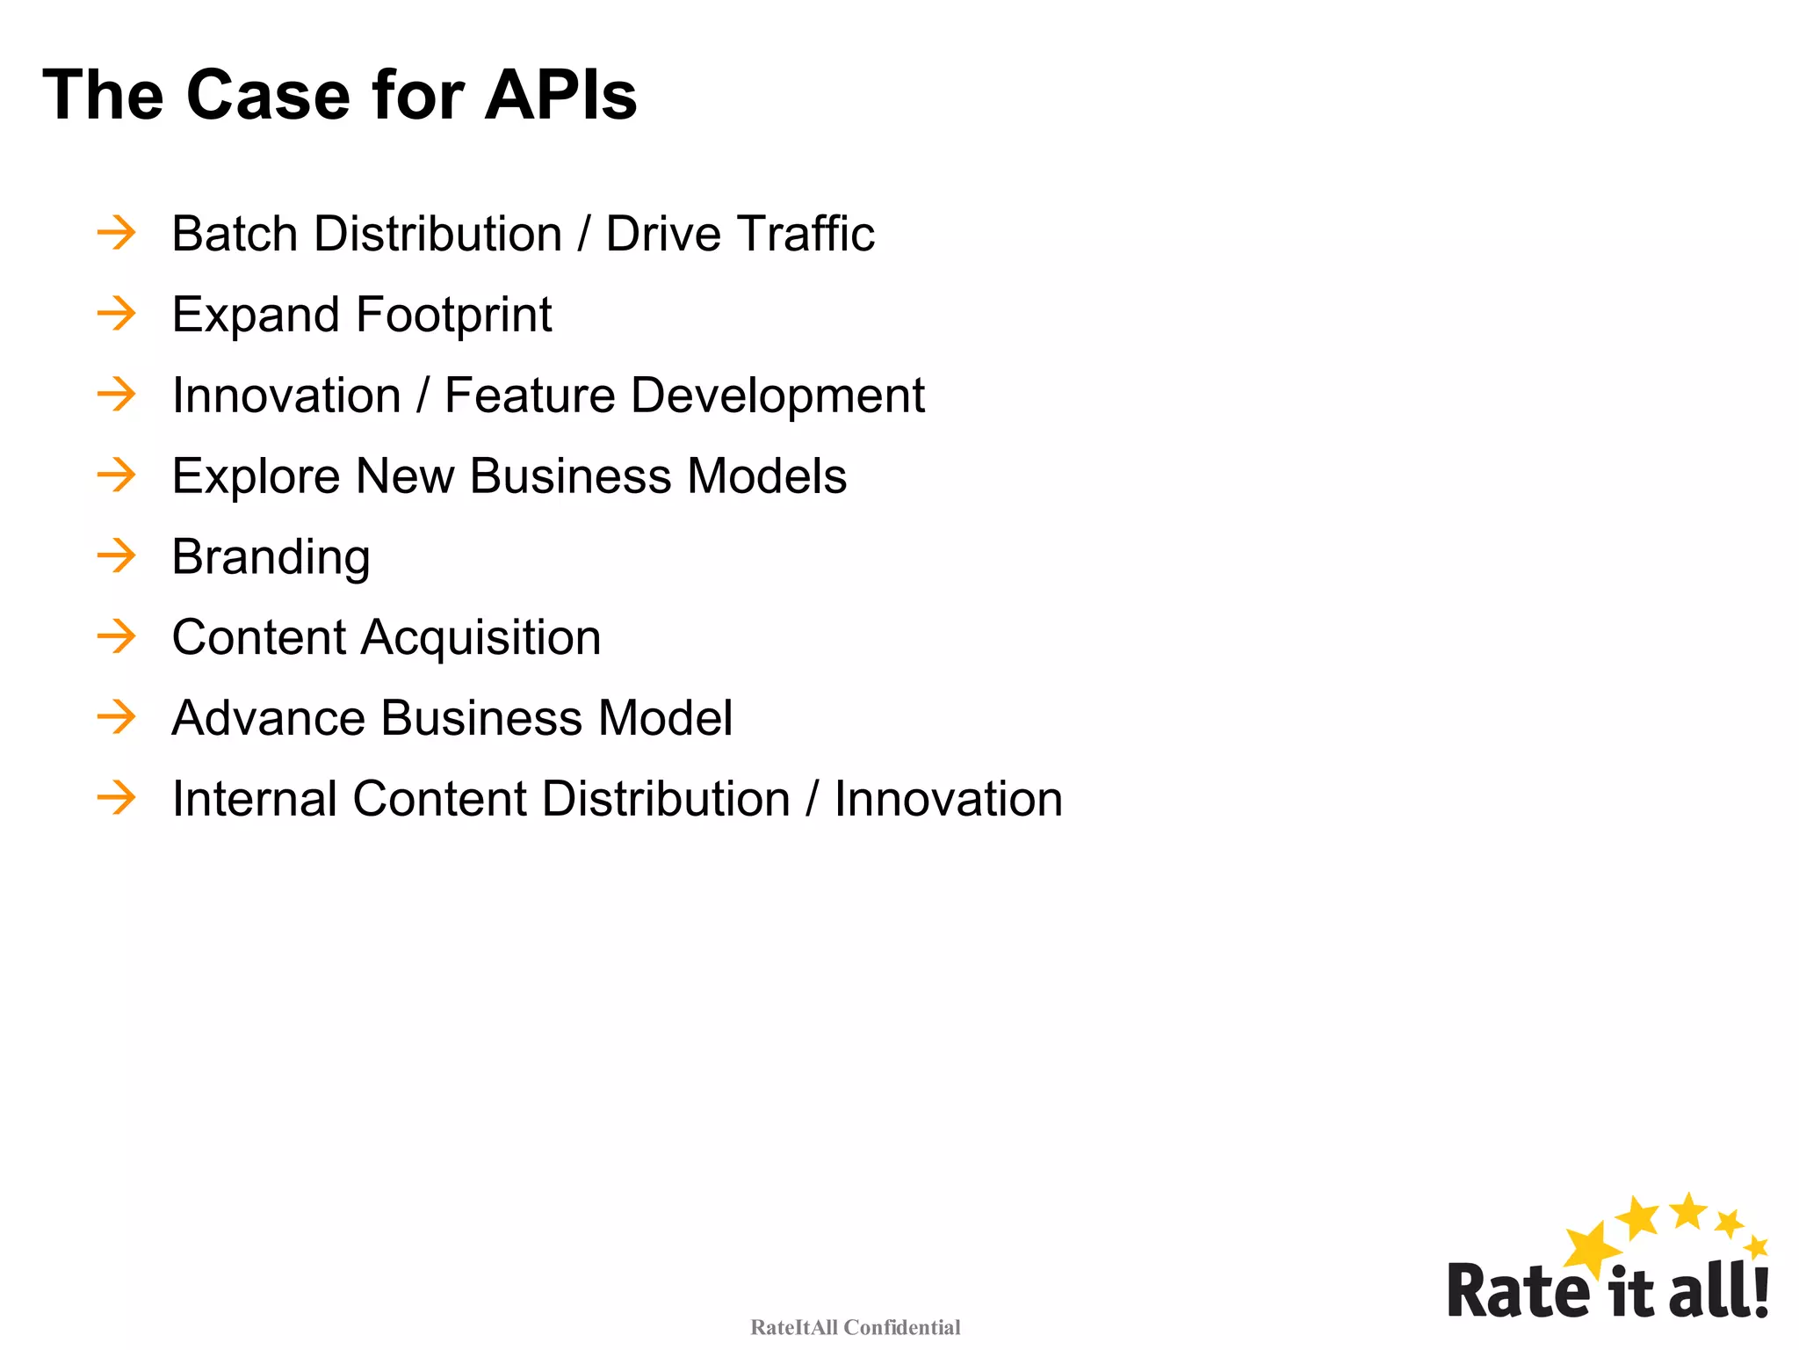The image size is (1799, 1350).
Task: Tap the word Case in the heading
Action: tap(269, 95)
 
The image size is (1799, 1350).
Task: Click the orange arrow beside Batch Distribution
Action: tap(117, 233)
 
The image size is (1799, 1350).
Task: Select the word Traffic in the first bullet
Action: tap(806, 234)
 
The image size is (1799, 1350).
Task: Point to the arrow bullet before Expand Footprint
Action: tap(117, 314)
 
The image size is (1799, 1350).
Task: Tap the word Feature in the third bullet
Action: tap(529, 395)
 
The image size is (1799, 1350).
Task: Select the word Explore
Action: tap(256, 477)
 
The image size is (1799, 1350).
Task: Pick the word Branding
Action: tap(271, 558)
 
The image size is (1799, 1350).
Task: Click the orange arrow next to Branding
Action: tap(117, 555)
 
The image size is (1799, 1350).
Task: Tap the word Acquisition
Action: tap(481, 638)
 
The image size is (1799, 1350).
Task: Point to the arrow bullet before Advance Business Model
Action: tap(117, 717)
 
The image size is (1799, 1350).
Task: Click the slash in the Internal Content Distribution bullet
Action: tap(813, 799)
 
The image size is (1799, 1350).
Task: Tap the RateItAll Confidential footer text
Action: tap(855, 1327)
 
